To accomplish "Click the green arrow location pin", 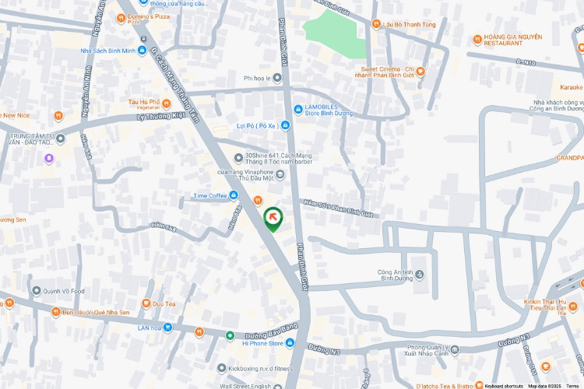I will (x=273, y=219).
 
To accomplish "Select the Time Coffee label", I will (x=210, y=195).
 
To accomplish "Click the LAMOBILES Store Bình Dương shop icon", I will (x=297, y=108).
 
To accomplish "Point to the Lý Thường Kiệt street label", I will (x=159, y=116).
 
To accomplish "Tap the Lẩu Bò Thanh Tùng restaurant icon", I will (x=376, y=23).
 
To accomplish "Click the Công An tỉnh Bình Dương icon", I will (x=420, y=275).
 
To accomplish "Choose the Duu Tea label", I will (x=164, y=303).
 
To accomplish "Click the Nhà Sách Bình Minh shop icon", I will (x=142, y=51).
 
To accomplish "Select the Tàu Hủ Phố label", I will (x=144, y=102).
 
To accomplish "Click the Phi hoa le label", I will (x=261, y=78).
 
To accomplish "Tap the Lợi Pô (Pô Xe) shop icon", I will (x=286, y=124).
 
